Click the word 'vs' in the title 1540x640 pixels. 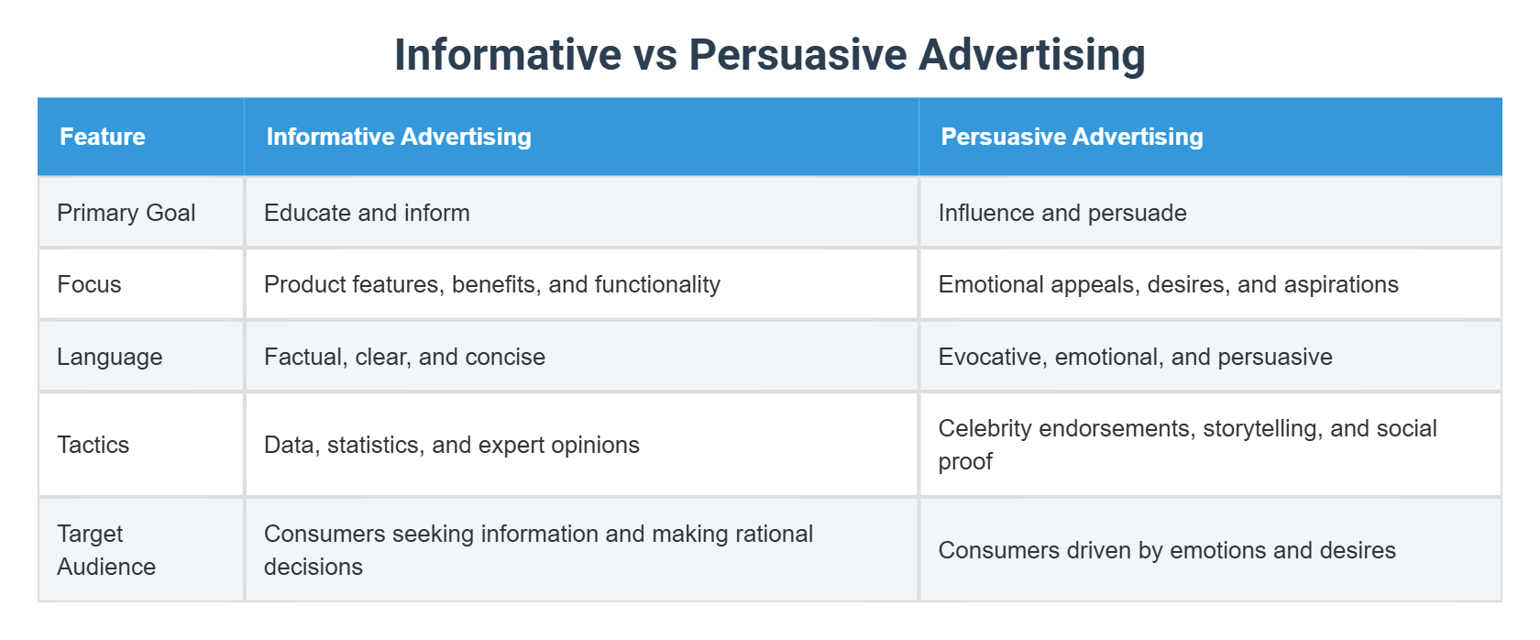[654, 55]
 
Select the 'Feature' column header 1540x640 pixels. [103, 137]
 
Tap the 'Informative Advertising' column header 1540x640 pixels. [399, 137]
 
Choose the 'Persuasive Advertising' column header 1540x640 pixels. [1072, 137]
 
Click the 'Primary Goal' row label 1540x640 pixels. [126, 213]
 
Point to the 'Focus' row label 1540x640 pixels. [89, 284]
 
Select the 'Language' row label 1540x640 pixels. [110, 357]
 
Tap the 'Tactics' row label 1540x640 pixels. [93, 445]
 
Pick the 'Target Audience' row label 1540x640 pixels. [106, 550]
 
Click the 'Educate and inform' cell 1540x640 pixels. [367, 213]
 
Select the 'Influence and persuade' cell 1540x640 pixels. [1062, 213]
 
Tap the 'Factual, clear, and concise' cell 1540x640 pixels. [404, 357]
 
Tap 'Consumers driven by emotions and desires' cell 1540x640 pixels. [1167, 550]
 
